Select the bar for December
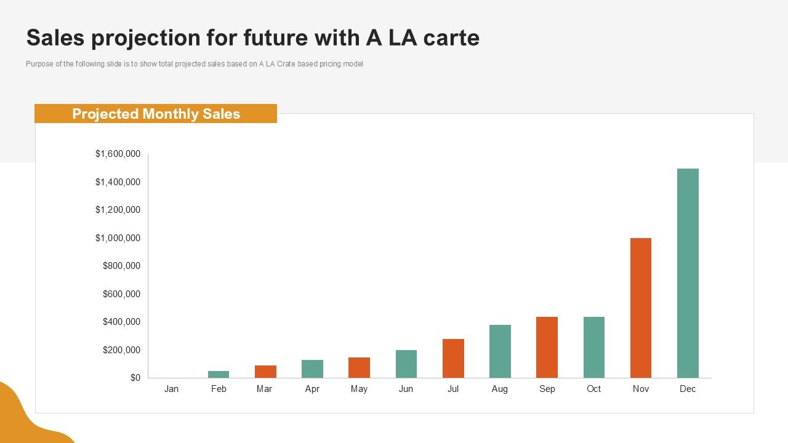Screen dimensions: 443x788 (688, 273)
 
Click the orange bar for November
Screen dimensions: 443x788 (641, 308)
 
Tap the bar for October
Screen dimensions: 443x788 (594, 347)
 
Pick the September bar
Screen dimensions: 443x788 (547, 347)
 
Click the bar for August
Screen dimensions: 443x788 (500, 351)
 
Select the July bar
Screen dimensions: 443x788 (453, 358)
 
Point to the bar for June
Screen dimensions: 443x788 (406, 364)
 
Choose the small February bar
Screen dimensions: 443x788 (219, 374)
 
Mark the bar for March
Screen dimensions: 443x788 (265, 372)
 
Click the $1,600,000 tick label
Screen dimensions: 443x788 (118, 154)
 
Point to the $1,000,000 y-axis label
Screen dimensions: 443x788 (118, 238)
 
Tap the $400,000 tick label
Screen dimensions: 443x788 (121, 322)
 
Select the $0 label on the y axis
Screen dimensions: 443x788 (135, 378)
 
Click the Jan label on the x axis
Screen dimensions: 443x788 (171, 389)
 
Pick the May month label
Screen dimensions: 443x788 (359, 389)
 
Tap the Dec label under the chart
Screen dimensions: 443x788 (688, 389)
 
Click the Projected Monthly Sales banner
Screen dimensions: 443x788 (156, 114)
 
